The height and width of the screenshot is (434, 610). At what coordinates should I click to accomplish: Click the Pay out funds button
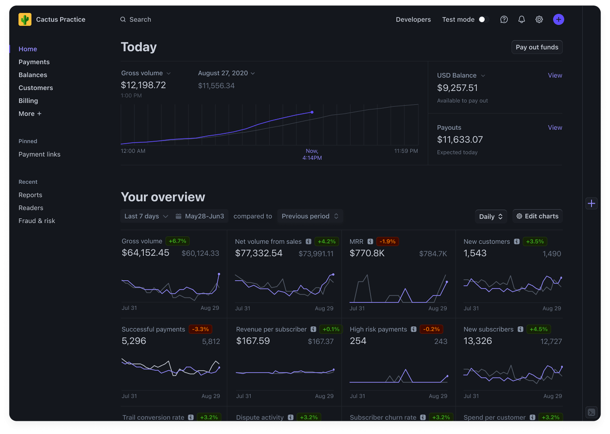(537, 47)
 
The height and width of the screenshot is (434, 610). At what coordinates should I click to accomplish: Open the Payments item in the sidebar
(34, 62)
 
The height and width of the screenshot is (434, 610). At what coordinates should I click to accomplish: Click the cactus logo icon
(25, 19)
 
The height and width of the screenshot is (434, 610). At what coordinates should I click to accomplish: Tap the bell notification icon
(522, 19)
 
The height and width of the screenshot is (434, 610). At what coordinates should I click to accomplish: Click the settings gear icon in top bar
(539, 19)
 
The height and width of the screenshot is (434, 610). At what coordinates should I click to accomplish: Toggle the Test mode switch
(483, 19)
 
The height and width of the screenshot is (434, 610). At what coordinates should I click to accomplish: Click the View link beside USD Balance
(554, 75)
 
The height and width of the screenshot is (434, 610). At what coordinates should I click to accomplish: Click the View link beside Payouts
(554, 128)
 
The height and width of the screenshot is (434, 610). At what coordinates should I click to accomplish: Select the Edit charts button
(537, 216)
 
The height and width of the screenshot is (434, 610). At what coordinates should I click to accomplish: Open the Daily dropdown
(491, 217)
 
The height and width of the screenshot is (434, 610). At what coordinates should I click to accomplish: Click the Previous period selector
(310, 216)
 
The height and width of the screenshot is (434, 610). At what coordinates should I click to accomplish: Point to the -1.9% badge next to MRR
(387, 242)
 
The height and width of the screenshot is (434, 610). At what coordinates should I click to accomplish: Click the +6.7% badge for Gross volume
(178, 241)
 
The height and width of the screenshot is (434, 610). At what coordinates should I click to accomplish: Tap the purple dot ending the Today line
(312, 112)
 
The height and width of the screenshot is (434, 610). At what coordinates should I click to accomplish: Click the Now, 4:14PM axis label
(312, 154)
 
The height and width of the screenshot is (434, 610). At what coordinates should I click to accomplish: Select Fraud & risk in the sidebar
(37, 221)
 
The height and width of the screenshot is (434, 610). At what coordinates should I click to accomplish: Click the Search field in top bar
(140, 19)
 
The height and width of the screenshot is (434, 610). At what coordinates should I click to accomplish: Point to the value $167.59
(253, 341)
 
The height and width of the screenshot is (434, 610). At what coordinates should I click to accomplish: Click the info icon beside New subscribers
(520, 329)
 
